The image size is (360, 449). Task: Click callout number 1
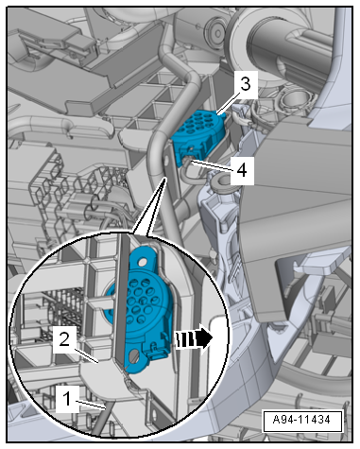tap(67, 399)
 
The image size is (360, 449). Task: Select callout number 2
tap(64, 340)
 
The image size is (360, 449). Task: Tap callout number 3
tap(246, 84)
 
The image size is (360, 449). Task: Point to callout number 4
tap(242, 170)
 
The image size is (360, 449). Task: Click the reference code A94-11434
tap(302, 421)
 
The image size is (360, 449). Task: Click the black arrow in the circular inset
tap(195, 338)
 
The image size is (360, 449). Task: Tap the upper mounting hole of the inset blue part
tap(144, 262)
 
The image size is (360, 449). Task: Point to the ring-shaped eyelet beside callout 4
tap(221, 181)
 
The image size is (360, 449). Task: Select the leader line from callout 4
tap(211, 165)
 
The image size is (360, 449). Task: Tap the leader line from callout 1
tap(92, 405)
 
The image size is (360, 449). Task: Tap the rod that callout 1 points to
tap(103, 418)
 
